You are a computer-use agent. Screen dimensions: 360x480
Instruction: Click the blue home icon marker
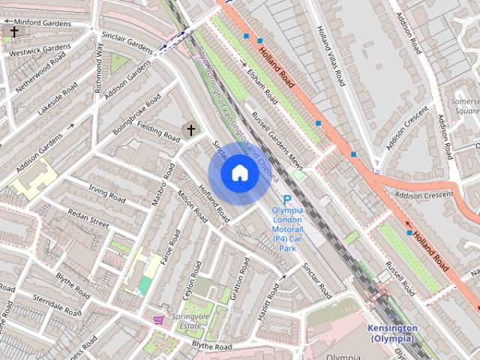[239, 172]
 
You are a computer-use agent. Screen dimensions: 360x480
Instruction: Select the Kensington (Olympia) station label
[392, 334]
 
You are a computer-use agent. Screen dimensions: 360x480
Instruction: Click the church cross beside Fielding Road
[190, 130]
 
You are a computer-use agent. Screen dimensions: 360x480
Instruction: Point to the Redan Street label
[88, 217]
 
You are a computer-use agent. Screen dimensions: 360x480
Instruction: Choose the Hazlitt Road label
[268, 307]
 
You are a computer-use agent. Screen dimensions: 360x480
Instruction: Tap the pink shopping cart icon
[158, 319]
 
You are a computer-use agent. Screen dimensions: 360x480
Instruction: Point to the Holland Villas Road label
[330, 56]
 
